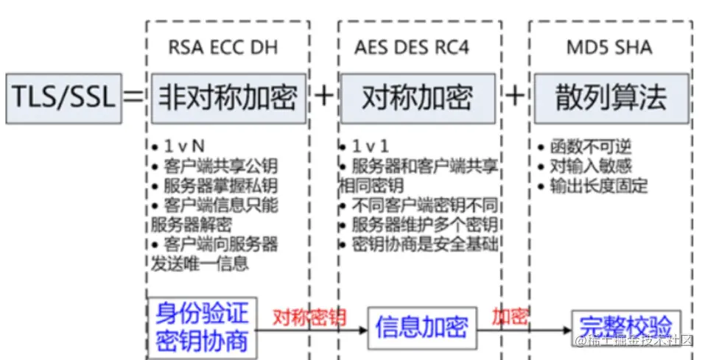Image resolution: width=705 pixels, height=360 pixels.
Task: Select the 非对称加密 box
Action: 226,97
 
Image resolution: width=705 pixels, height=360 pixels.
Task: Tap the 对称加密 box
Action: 417,97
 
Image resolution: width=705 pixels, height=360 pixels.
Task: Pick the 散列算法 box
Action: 611,97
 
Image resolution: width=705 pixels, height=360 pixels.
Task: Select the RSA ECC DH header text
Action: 224,48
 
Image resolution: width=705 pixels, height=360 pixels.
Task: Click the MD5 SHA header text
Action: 608,48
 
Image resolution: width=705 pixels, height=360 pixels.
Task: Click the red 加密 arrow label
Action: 510,317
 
